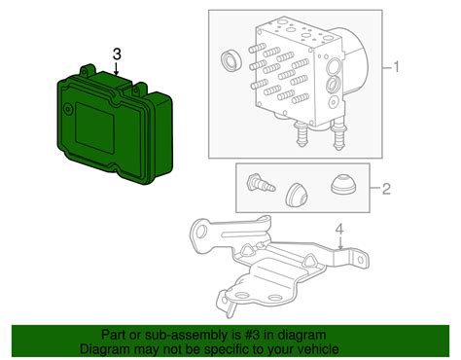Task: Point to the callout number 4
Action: (339, 231)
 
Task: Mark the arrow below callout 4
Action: (339, 245)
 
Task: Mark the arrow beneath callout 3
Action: (117, 69)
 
